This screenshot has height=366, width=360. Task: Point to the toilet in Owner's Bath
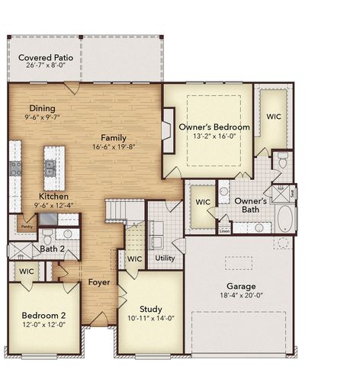pyautogui.click(x=281, y=161)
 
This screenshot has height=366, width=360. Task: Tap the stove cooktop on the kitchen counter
pyautogui.click(x=14, y=169)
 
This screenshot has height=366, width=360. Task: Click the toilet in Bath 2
pyautogui.click(x=47, y=235)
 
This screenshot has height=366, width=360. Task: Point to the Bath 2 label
pyautogui.click(x=53, y=249)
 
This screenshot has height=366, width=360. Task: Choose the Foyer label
pyautogui.click(x=98, y=282)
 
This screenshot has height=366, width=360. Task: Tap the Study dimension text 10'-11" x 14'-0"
pyautogui.click(x=150, y=317)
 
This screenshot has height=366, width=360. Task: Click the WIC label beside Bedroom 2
pyautogui.click(x=27, y=271)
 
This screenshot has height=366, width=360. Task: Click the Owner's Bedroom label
pyautogui.click(x=214, y=127)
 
